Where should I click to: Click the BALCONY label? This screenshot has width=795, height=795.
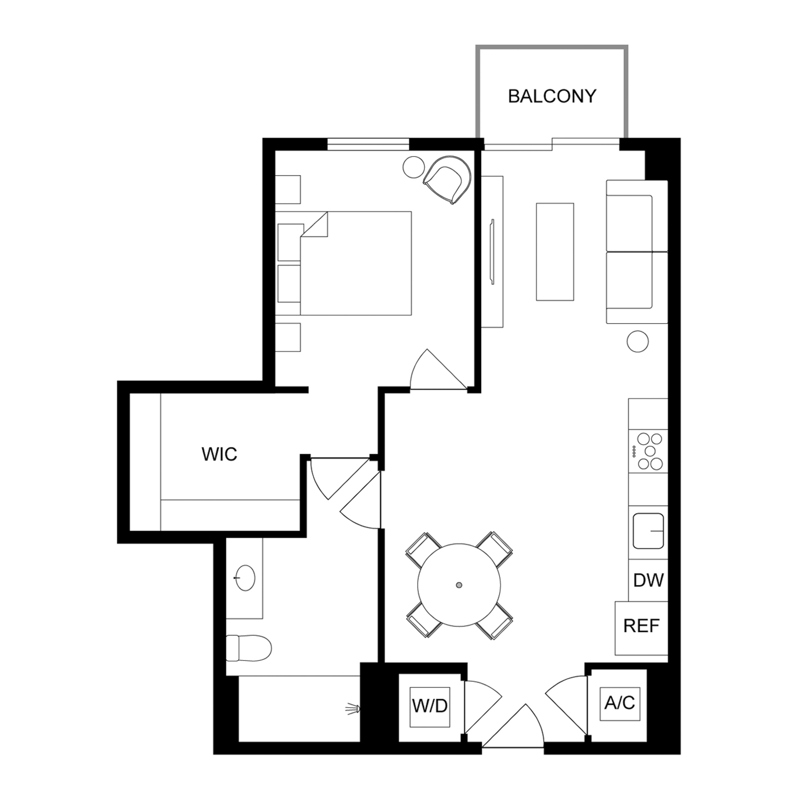[552, 96]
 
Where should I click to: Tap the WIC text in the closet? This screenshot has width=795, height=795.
[219, 454]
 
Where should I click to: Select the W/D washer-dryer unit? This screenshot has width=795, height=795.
[430, 708]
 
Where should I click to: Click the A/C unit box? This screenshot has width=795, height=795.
[620, 704]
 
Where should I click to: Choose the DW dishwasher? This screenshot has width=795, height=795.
[648, 580]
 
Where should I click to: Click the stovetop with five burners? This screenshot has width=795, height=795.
[649, 451]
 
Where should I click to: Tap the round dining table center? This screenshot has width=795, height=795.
[459, 585]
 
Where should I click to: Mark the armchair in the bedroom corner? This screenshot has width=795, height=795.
[447, 179]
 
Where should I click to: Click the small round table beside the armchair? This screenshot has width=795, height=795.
[413, 167]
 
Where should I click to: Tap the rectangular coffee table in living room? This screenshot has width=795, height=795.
[555, 252]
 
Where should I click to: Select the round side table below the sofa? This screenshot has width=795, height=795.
[637, 341]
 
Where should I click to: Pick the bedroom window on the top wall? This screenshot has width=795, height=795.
[368, 144]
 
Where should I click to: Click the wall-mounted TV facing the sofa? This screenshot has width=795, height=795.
[492, 252]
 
